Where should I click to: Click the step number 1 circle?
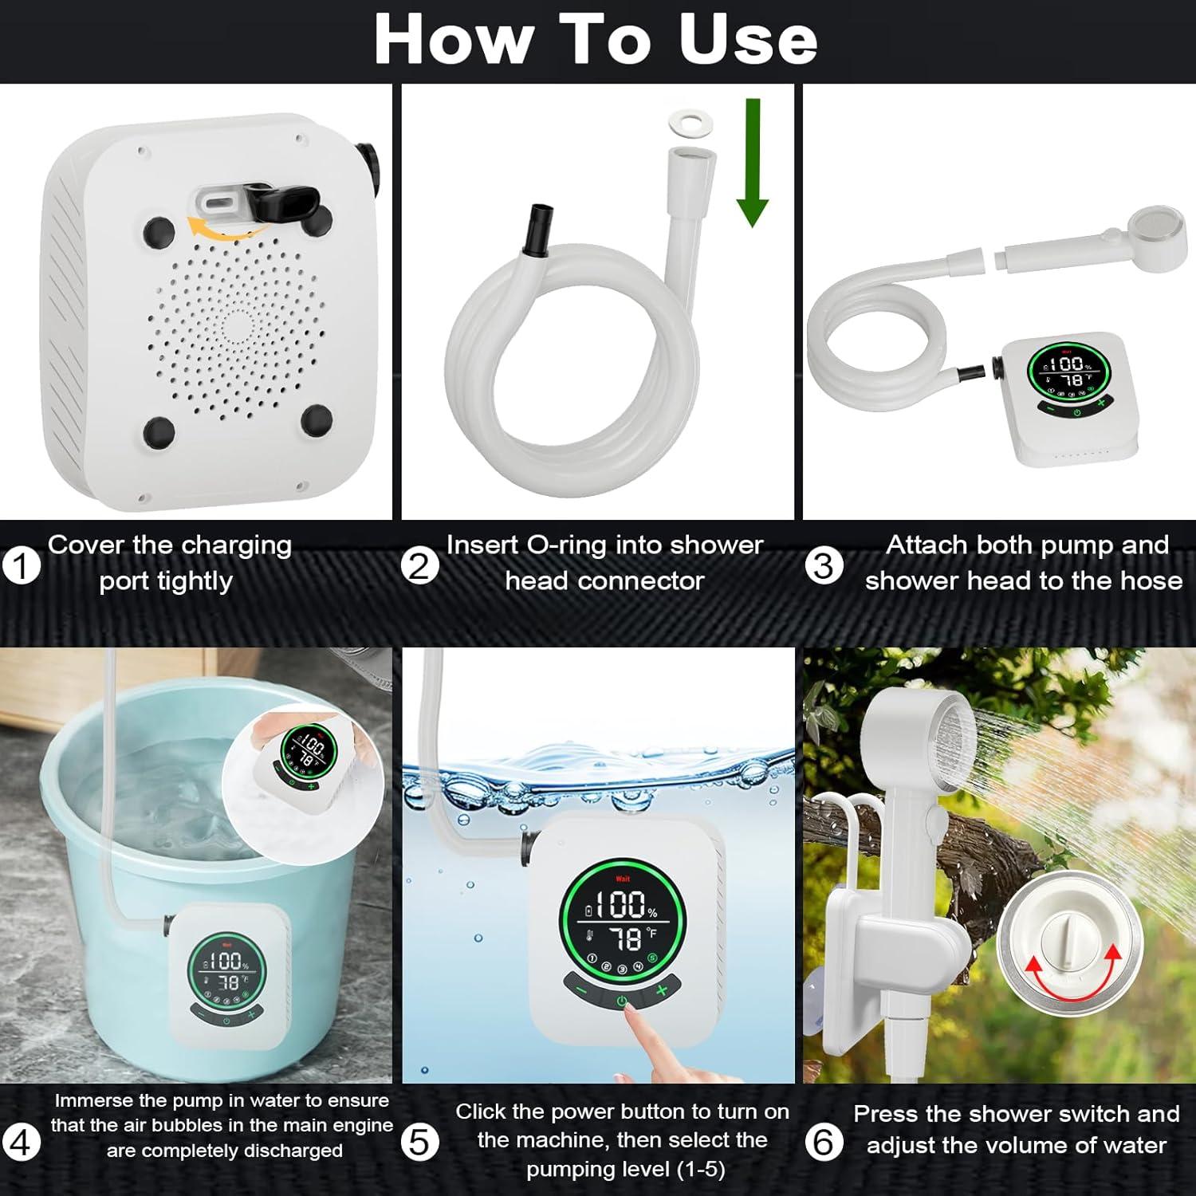(x=22, y=566)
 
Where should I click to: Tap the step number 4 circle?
(x=22, y=1143)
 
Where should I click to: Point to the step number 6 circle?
(x=823, y=1143)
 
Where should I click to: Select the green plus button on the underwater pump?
(x=661, y=990)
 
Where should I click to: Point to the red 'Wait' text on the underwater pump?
(x=623, y=879)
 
